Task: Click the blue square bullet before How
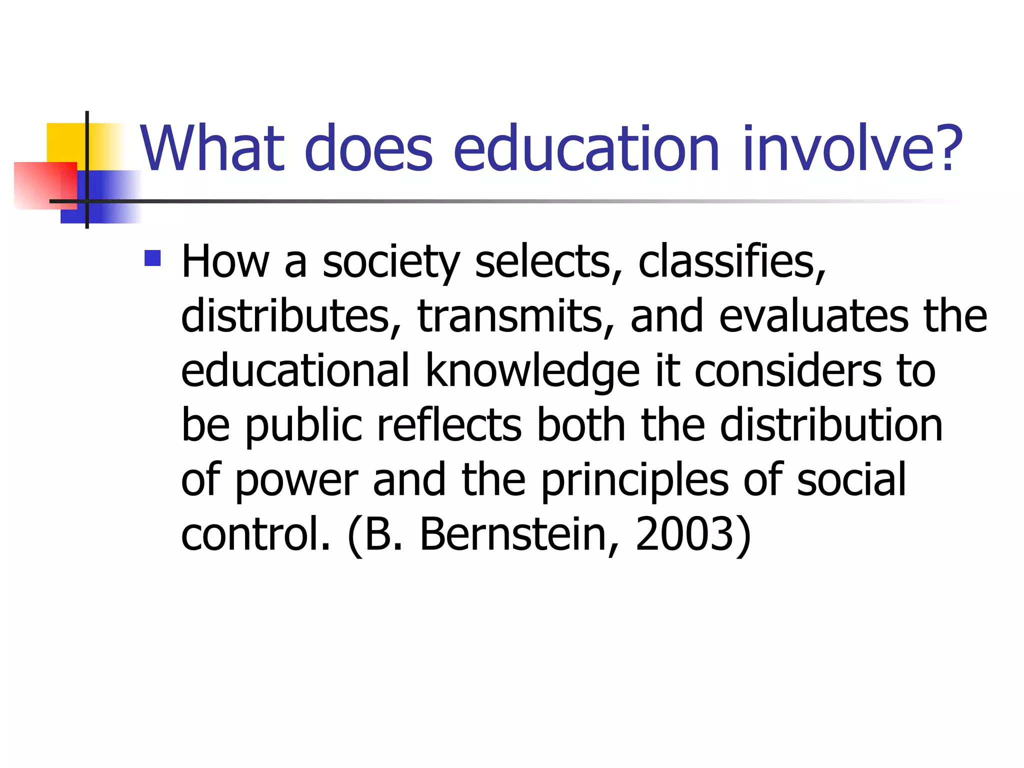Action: pyautogui.click(x=152, y=258)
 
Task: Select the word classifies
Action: pyautogui.click(x=731, y=261)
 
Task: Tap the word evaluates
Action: pyautogui.click(x=813, y=316)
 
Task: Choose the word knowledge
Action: pyautogui.click(x=532, y=371)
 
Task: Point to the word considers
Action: pyautogui.click(x=787, y=371)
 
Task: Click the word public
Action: pyautogui.click(x=303, y=426)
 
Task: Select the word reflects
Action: pyautogui.click(x=448, y=425)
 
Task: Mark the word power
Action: pyautogui.click(x=296, y=481)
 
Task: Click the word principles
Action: pyautogui.click(x=634, y=481)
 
